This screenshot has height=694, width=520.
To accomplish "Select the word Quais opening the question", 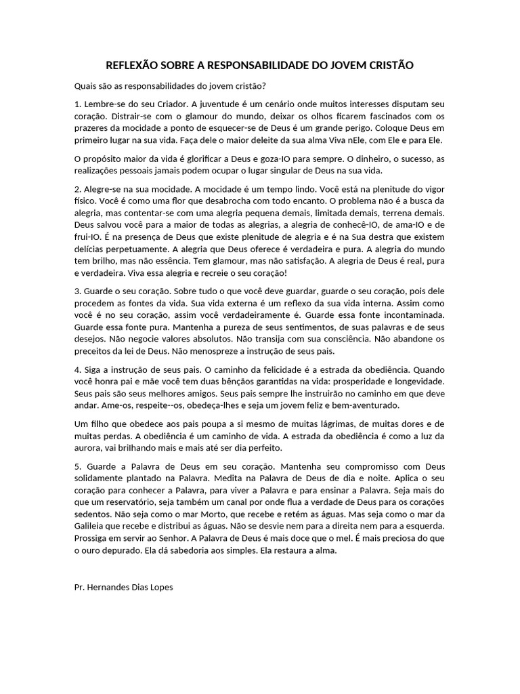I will (x=85, y=86).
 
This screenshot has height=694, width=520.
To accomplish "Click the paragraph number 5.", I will (x=77, y=467).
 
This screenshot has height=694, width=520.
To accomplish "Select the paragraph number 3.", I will (x=77, y=290).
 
